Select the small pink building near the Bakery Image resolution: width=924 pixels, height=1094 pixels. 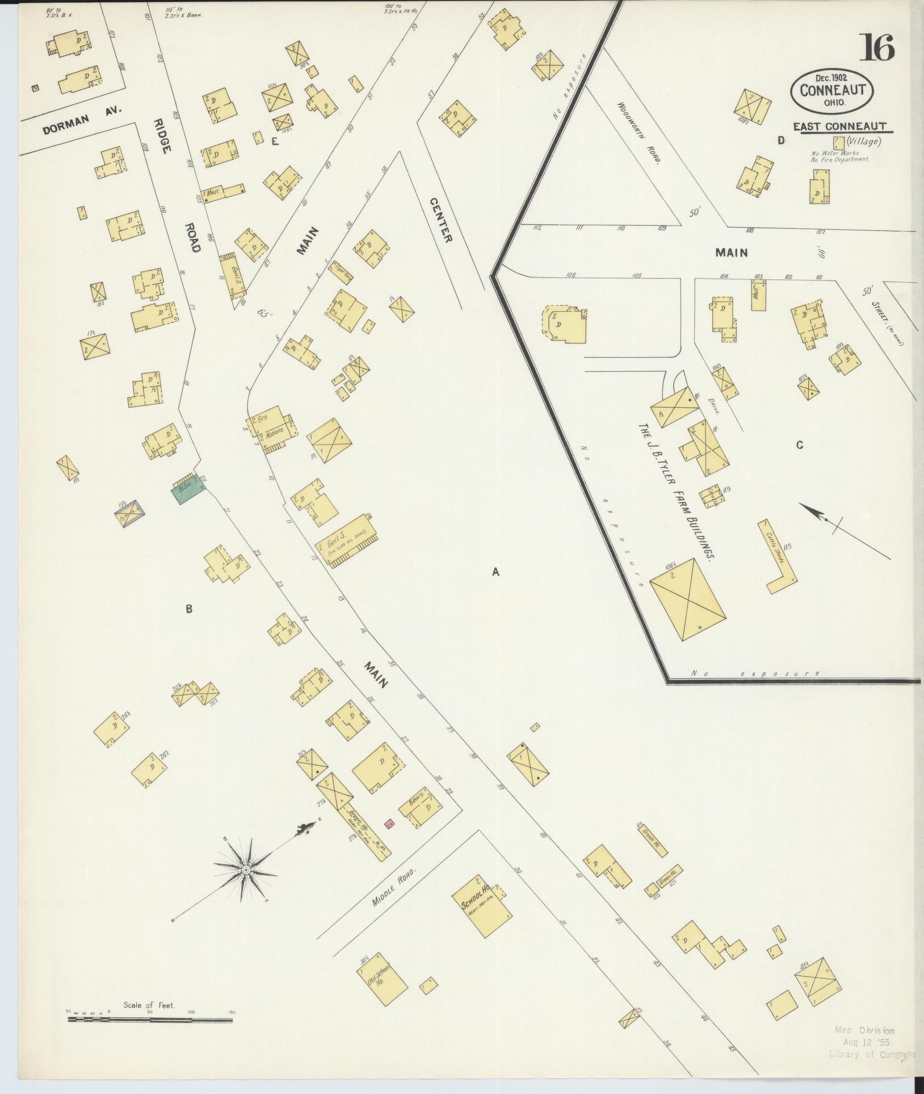pos(389,823)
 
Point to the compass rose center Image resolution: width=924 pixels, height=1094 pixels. pos(246,886)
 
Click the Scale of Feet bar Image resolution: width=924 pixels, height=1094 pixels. pos(150,1020)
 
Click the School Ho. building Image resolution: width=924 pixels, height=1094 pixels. pos(483,909)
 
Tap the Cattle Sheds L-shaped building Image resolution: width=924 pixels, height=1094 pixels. pos(779,556)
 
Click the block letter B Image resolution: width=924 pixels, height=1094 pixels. pos(189,609)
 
